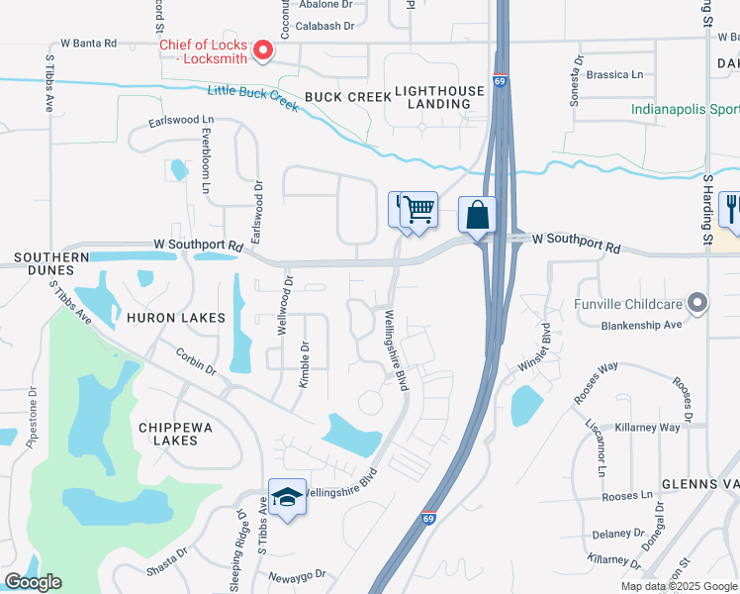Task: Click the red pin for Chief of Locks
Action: tap(263, 49)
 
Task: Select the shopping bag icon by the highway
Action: tap(477, 215)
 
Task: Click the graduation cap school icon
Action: tap(287, 498)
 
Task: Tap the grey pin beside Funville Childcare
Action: tap(698, 303)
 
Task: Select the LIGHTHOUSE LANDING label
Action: tap(439, 97)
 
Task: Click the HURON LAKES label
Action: tap(176, 318)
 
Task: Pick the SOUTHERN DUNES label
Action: tap(45, 263)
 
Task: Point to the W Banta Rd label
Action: tap(88, 44)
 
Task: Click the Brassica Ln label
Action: tap(614, 74)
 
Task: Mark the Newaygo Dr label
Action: tap(297, 576)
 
